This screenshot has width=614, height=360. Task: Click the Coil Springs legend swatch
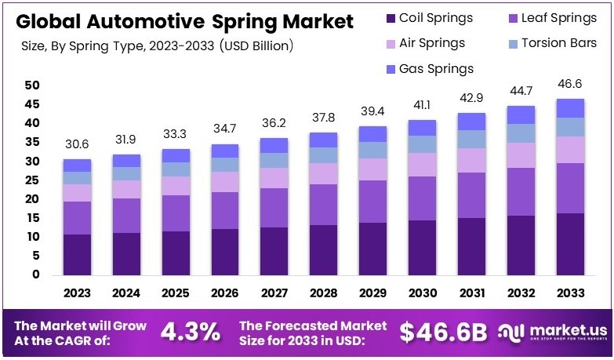391,18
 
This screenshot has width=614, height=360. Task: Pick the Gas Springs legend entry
436,68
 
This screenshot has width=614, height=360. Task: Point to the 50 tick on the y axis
31,85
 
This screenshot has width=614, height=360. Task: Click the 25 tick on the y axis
31,180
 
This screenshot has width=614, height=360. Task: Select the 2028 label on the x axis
323,293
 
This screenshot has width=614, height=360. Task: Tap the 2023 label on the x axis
77,293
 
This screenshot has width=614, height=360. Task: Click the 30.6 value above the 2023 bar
77,146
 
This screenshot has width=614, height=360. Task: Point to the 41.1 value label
422,106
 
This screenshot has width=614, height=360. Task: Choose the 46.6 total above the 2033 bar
570,85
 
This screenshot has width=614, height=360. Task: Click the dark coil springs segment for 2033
570,244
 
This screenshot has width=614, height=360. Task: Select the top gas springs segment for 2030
422,127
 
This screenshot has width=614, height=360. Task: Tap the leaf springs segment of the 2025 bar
176,213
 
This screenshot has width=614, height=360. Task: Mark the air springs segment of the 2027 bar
274,177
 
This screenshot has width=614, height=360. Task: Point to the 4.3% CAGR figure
190,332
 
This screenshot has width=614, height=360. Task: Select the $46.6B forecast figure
444,332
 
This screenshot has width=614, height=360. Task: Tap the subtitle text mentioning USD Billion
157,46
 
